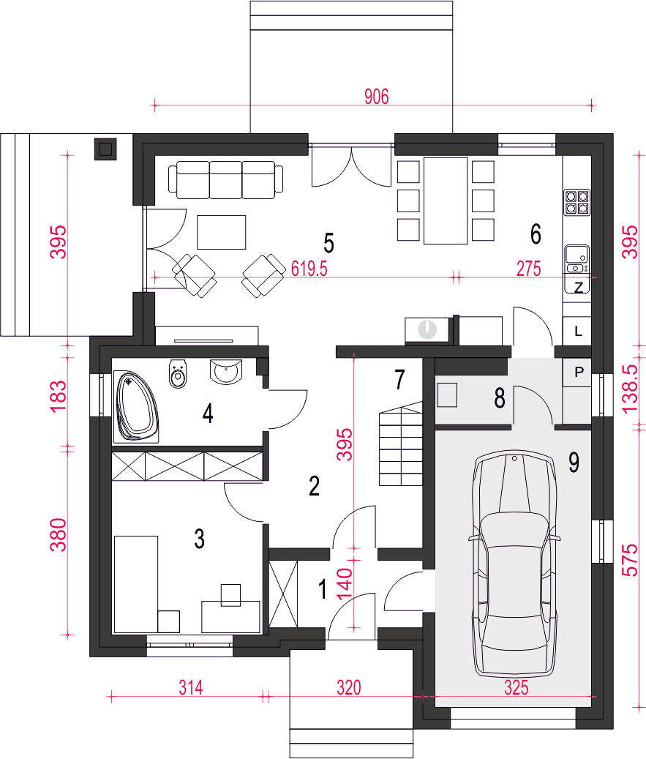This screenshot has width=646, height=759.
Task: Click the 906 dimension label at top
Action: pos(377,97)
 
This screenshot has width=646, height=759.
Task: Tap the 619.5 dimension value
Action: pos(309,268)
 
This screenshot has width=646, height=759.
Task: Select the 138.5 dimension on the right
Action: pos(631,389)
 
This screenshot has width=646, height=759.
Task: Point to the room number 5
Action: pos(328,243)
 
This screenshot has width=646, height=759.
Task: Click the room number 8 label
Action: pos(500,398)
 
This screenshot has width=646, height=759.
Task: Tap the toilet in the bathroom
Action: pos(178,373)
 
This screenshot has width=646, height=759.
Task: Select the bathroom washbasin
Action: pos(225,371)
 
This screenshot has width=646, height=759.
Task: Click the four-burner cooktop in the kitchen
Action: pos(577,202)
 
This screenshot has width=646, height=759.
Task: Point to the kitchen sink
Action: pos(577,259)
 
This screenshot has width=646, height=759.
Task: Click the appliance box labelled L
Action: pos(577,331)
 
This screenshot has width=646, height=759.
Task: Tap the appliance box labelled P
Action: pos(578,373)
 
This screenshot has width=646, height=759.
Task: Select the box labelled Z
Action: pos(578,287)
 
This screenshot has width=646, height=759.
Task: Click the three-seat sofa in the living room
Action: pos(226,179)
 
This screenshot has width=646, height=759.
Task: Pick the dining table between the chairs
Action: pos(446,201)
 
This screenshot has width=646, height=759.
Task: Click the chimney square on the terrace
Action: pos(105,149)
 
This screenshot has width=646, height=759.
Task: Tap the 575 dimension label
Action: pos(631,560)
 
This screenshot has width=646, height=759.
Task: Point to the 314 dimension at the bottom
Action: pos(191,687)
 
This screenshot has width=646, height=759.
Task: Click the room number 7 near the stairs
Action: pos(399,380)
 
